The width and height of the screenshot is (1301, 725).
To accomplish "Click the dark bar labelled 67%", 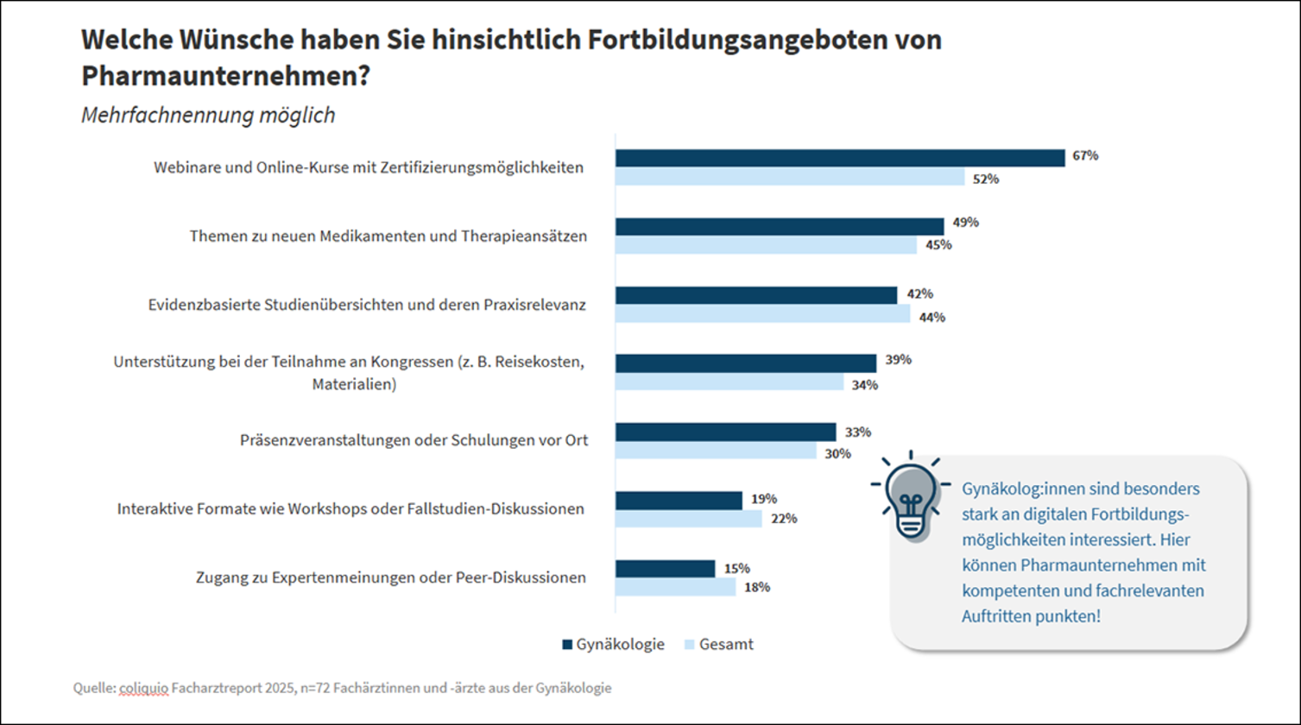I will pyautogui.click(x=839, y=157).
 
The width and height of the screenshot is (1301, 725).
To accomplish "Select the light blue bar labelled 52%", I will pyautogui.click(x=789, y=178).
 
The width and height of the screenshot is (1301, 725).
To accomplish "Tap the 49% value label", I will pyautogui.click(x=965, y=223).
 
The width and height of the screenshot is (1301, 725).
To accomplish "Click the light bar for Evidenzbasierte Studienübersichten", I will pyautogui.click(x=762, y=314).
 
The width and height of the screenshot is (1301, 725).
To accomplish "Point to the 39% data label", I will pyautogui.click(x=898, y=360).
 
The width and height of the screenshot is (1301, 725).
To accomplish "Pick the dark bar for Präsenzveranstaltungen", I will pyautogui.click(x=725, y=432).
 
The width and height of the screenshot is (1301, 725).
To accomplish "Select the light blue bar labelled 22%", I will pyautogui.click(x=688, y=519).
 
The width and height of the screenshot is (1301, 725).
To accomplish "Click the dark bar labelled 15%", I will pyautogui.click(x=665, y=569).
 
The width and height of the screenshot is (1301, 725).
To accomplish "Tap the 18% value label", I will pyautogui.click(x=757, y=588).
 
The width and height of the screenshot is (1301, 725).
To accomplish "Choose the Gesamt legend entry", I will pyautogui.click(x=718, y=644).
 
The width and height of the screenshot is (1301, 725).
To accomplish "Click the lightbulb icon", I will pyautogui.click(x=911, y=498).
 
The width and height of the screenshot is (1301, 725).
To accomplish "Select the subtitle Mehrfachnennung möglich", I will pyautogui.click(x=208, y=116).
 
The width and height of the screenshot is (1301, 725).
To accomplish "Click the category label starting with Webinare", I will pyautogui.click(x=369, y=167).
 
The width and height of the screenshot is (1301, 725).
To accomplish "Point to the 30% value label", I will pyautogui.click(x=837, y=453).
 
